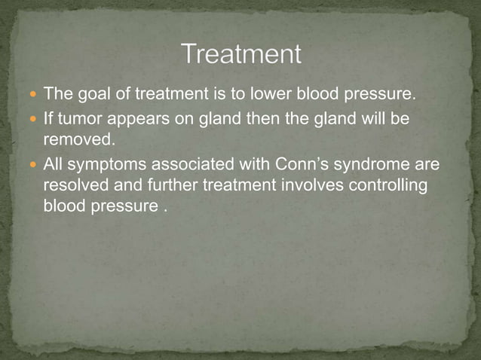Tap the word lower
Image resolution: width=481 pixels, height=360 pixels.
[x=272, y=96]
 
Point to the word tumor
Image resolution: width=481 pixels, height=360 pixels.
[x=78, y=118]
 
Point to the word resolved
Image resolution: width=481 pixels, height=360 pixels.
[x=77, y=185]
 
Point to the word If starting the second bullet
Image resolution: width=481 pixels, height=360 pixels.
[x=49, y=118]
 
